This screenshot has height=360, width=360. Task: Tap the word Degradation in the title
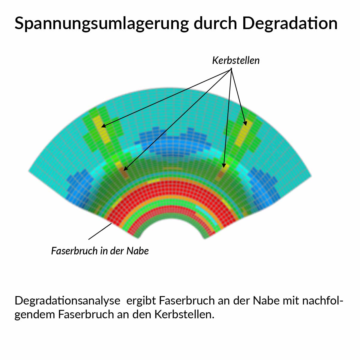click(290, 23)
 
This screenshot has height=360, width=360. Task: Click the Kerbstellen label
click(236, 61)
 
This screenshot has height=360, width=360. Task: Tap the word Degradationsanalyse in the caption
click(67, 300)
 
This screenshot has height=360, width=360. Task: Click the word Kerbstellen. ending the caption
click(184, 314)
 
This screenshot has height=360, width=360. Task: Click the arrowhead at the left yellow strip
click(103, 126)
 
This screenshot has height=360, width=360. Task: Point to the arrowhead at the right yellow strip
click(245, 124)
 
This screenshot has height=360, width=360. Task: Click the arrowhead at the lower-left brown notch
click(125, 169)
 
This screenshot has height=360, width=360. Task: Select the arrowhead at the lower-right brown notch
click(223, 166)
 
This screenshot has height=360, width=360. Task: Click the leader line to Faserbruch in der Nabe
click(100, 232)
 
